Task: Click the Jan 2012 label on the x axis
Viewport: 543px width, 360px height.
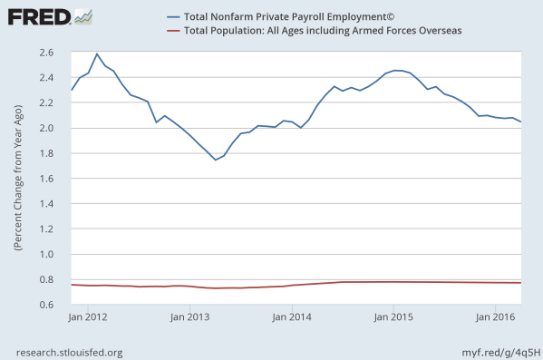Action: pos(89,317)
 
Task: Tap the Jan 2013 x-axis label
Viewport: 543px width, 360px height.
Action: pos(191,317)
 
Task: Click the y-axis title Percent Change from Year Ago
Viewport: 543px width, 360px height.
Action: pos(16,178)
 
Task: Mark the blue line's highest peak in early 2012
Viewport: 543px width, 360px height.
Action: pos(97,54)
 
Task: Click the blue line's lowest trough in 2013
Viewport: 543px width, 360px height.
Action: pos(215,160)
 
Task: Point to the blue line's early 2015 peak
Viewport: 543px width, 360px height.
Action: pos(397,70)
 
